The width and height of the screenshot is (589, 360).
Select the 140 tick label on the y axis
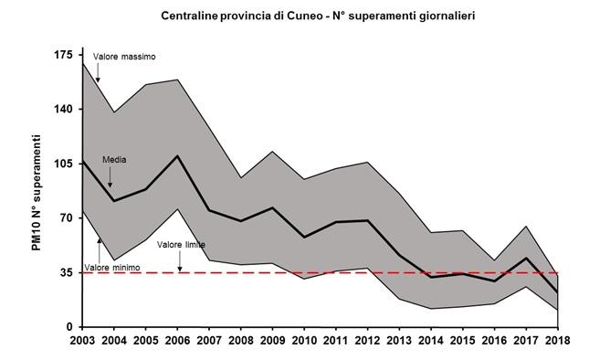click(x=62, y=109)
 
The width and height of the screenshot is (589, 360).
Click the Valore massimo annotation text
click(x=125, y=57)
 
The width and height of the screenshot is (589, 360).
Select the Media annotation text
click(x=114, y=159)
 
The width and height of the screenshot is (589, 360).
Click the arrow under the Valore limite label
click(x=180, y=261)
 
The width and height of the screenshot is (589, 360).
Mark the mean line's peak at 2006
click(x=177, y=155)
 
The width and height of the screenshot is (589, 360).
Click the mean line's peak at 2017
click(x=525, y=258)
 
